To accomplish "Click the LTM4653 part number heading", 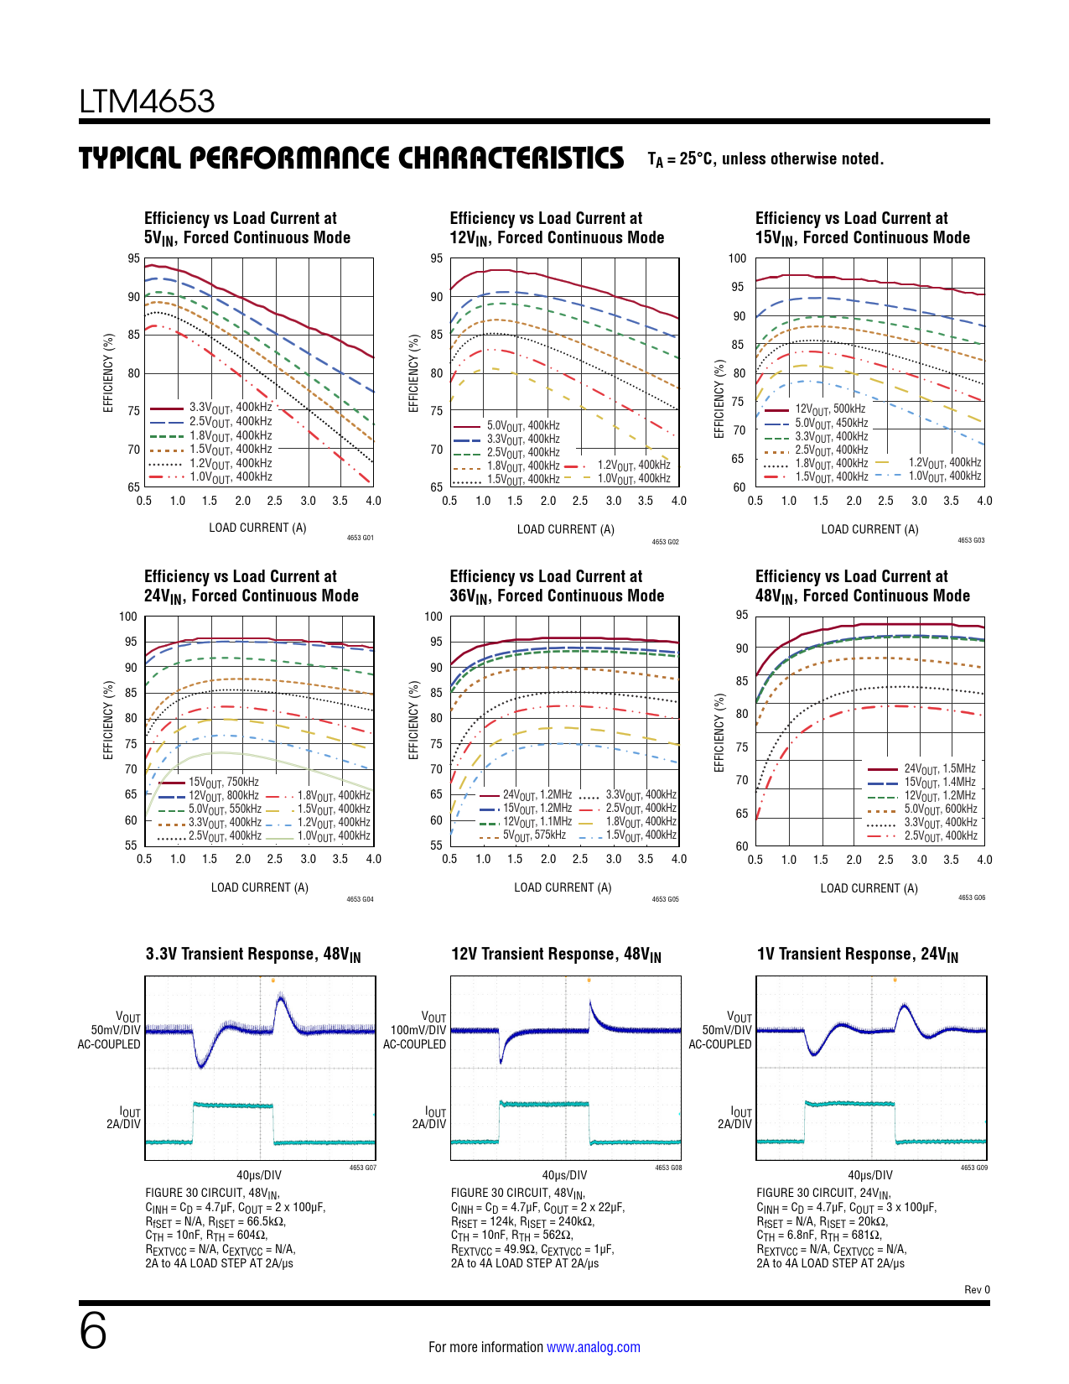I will click(x=147, y=101).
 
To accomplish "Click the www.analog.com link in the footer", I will click(x=593, y=1347).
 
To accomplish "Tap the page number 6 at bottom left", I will click(x=93, y=1332).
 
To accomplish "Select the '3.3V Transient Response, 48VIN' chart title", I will click(x=253, y=955).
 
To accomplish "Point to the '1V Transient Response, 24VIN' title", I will click(x=857, y=955).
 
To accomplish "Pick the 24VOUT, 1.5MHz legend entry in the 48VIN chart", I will click(x=939, y=769).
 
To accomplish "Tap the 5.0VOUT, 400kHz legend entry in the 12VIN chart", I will click(x=522, y=426).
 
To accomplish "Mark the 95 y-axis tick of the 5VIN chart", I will click(x=133, y=258).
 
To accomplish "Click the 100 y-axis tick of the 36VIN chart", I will click(x=433, y=617).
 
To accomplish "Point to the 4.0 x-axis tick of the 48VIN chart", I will click(x=984, y=860).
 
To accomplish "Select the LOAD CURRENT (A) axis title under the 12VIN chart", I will click(x=565, y=529).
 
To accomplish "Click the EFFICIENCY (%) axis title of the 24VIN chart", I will click(x=108, y=721).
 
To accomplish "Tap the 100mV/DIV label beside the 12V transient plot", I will click(x=418, y=1030).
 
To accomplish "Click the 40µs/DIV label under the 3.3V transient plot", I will click(x=259, y=1175).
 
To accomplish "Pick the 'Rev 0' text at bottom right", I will click(x=977, y=1290).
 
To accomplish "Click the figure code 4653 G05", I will click(x=665, y=899).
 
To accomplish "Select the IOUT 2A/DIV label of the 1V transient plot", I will click(x=734, y=1118).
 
